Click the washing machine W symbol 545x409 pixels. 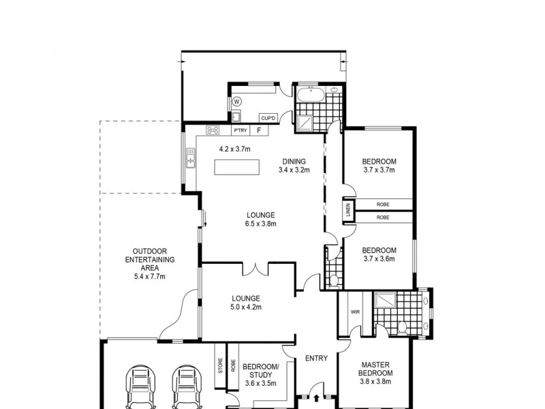point(237,102)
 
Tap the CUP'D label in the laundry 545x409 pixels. point(268,119)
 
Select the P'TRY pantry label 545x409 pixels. point(240,130)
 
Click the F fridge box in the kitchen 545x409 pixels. point(259,130)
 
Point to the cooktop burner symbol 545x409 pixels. point(213,130)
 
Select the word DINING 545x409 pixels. point(294,162)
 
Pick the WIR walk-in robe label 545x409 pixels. point(354,312)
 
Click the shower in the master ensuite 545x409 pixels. point(384,301)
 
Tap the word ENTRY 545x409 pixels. point(316,359)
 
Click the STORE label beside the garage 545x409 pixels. point(219,366)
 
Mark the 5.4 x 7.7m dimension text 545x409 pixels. point(150,277)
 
